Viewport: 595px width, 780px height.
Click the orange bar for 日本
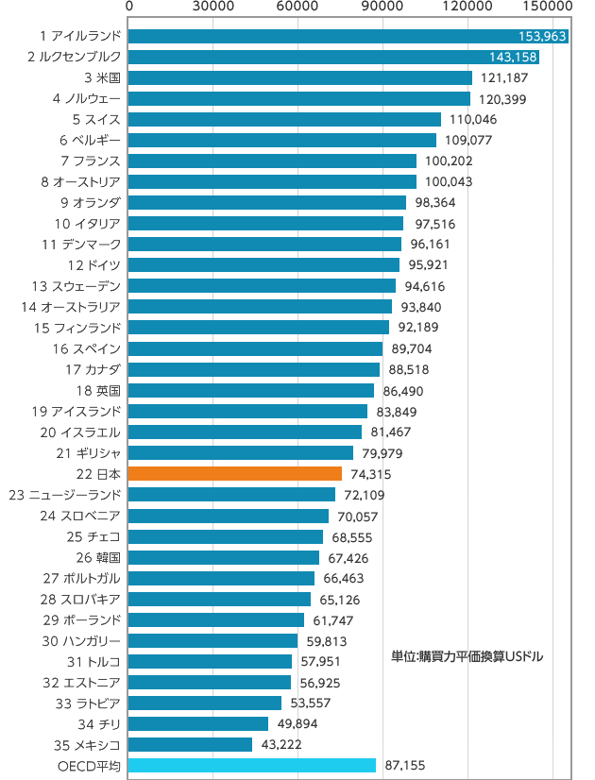pyautogui.click(x=234, y=473)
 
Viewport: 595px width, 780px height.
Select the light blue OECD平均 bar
pyautogui.click(x=251, y=765)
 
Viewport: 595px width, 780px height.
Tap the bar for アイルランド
pyautogui.click(x=321, y=36)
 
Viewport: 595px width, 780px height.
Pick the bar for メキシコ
pyautogui.click(x=190, y=744)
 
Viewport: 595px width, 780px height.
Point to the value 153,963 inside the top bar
pyautogui.click(x=542, y=37)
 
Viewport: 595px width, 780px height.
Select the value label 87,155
pyautogui.click(x=404, y=765)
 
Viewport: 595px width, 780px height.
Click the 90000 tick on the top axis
pyautogui.click(x=383, y=8)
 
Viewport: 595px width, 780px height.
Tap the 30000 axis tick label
pyautogui.click(x=213, y=8)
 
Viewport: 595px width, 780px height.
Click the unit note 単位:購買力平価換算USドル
pyautogui.click(x=467, y=655)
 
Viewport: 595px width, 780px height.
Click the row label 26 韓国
pyautogui.click(x=100, y=557)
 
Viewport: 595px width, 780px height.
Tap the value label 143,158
pyautogui.click(x=514, y=58)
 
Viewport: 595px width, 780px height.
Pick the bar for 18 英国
pyautogui.click(x=250, y=390)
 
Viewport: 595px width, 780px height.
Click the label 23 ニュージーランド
pyautogui.click(x=64, y=495)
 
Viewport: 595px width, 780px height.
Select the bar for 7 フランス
pyautogui.click(x=272, y=161)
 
